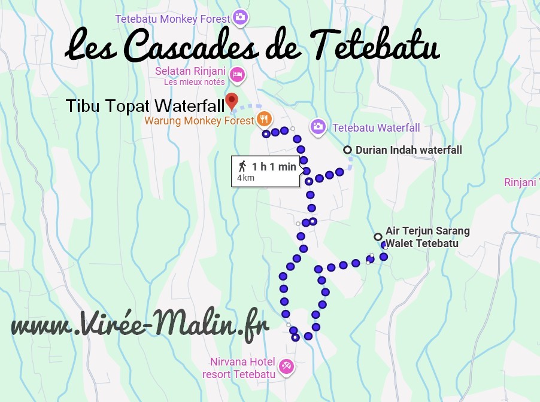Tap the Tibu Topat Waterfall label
coord(145,106)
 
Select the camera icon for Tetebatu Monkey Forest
coord(240,17)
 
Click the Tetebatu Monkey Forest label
coord(172,19)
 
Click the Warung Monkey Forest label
coord(199,121)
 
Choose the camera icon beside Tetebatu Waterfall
coord(318,127)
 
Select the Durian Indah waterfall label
coord(409,150)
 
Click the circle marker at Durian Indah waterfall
coord(347,150)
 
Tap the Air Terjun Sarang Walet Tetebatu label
coord(427,237)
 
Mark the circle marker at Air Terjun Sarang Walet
coord(378,236)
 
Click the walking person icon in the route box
coord(242,166)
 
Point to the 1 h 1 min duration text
coord(274,167)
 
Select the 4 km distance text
coord(245,178)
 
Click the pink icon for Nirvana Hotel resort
coord(287,365)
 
